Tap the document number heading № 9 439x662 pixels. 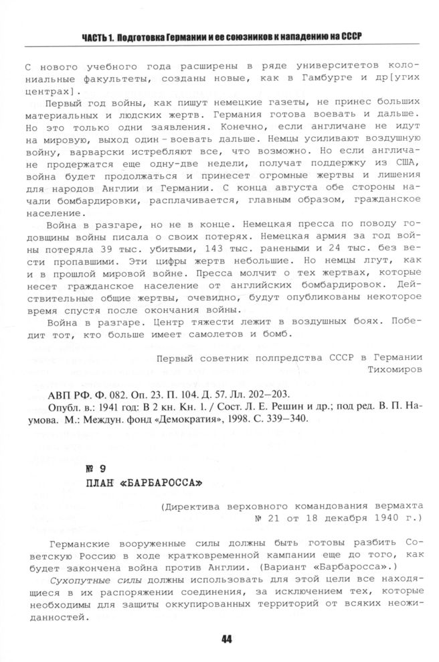tap(96, 468)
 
